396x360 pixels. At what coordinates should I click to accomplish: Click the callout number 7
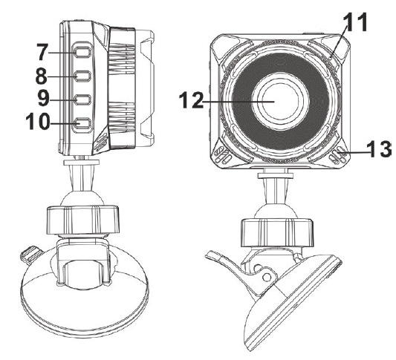tap(42, 52)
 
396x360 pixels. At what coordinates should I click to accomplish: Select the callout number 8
tap(42, 76)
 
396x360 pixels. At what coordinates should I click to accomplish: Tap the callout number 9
tap(44, 99)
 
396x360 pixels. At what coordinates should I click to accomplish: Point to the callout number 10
tap(38, 121)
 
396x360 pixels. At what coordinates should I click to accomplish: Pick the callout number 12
tap(191, 100)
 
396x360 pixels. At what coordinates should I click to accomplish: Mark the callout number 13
tap(379, 149)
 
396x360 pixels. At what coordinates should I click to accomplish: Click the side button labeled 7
tap(82, 52)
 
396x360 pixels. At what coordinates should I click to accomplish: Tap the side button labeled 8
tap(82, 76)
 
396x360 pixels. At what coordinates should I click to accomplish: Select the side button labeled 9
tap(82, 99)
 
